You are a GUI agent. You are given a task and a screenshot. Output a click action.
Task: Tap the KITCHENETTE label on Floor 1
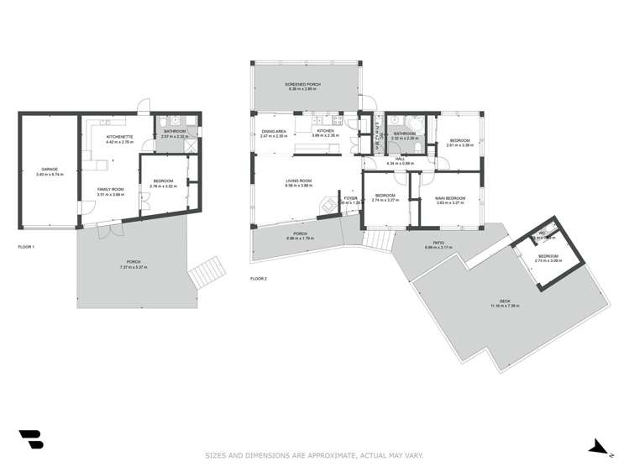115,135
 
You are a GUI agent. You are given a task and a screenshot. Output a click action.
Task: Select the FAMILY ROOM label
110,189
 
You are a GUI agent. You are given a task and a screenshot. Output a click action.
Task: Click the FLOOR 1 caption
26,247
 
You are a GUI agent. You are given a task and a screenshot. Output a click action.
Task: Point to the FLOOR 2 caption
259,278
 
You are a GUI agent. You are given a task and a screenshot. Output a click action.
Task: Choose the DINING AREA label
275,131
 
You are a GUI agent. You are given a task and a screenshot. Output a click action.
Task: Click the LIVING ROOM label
299,181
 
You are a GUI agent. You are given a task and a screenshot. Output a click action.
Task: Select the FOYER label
350,197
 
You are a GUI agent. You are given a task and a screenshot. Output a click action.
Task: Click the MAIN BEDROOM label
451,197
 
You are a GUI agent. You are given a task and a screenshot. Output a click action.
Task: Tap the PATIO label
432,244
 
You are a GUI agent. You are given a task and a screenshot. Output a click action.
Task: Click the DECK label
505,302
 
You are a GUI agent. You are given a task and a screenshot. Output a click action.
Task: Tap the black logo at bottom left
30,439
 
